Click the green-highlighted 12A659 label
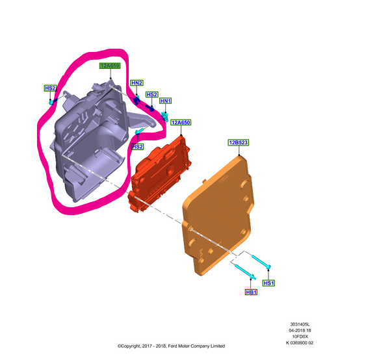pos(110,66)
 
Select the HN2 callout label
pos(136,83)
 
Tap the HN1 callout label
pos(165,101)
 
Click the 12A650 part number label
pos(181,123)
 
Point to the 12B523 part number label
pos(239,142)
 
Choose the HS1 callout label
pos(268,283)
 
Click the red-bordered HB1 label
pos(251,292)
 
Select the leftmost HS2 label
pos(50,88)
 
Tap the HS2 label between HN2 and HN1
pos(151,95)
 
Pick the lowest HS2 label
pos(138,147)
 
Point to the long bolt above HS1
pos(261,262)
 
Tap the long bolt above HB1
pos(245,272)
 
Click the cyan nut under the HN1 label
pos(165,116)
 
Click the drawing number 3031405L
pos(300,324)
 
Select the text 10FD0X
pos(300,337)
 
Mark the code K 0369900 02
pos(300,343)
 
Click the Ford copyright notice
pos(171,346)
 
